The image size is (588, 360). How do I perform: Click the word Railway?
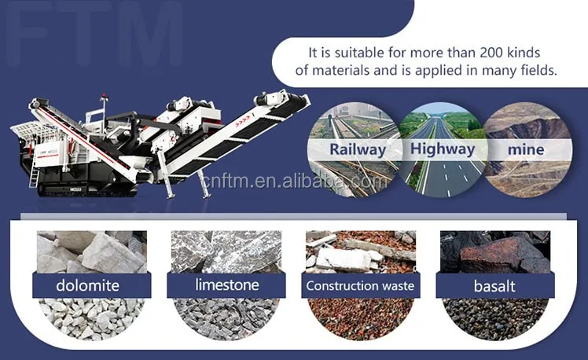click(x=358, y=149)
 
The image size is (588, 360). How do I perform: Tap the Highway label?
click(x=443, y=149)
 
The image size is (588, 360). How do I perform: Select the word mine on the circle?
click(x=526, y=149)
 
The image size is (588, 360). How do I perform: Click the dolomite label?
click(x=88, y=285)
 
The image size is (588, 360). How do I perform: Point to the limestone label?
click(x=227, y=285)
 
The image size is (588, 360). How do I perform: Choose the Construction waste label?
click(x=360, y=286)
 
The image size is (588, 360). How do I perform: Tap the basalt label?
click(x=494, y=286)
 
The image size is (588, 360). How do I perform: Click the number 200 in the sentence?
click(x=491, y=53)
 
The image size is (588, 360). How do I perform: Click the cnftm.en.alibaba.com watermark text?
click(x=294, y=181)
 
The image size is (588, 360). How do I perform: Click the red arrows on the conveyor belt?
click(x=243, y=122)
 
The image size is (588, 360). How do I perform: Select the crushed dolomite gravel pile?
click(x=91, y=319)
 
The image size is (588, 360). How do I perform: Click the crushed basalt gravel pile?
click(x=495, y=319)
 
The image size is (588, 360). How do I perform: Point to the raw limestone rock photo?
click(x=226, y=252)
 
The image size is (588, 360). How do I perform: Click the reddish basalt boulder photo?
click(x=495, y=252)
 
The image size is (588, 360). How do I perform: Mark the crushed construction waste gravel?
click(x=360, y=319)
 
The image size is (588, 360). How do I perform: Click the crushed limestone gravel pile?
click(x=226, y=319)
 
